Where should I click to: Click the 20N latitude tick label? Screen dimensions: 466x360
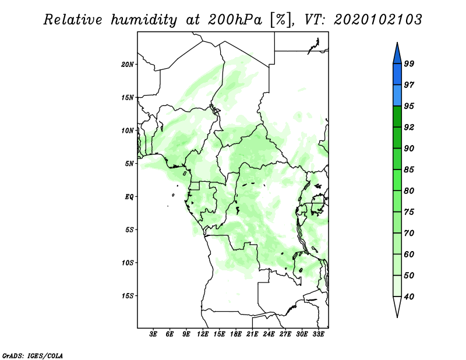[x=128, y=65]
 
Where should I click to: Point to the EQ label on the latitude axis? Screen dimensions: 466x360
[x=129, y=197]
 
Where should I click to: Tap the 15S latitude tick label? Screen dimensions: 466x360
[x=128, y=296]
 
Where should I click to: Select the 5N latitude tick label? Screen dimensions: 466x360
[x=129, y=164]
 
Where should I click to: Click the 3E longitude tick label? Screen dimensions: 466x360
[x=153, y=334]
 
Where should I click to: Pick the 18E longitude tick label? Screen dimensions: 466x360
[x=236, y=334]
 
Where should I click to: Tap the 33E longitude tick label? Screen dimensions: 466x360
[x=318, y=334]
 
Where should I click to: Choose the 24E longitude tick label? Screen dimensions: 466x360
[x=269, y=334]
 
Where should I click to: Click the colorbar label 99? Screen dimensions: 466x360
[x=409, y=63]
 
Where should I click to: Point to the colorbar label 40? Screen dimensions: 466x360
[x=409, y=297]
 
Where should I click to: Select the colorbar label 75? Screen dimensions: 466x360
[x=409, y=212]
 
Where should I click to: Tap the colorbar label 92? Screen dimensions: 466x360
[x=409, y=127]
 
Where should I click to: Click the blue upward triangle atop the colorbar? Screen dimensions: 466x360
[x=397, y=55]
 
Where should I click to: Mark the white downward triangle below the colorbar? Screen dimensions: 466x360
[x=397, y=305]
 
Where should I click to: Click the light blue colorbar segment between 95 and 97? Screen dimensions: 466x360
[x=397, y=96]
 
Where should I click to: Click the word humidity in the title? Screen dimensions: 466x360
[x=144, y=20]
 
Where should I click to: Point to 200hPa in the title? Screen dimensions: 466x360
[x=235, y=20]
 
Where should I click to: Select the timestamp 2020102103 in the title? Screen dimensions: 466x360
[x=377, y=20]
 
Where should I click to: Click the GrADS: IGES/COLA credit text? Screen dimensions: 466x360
[x=33, y=355]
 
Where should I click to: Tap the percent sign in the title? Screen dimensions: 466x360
[x=280, y=20]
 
